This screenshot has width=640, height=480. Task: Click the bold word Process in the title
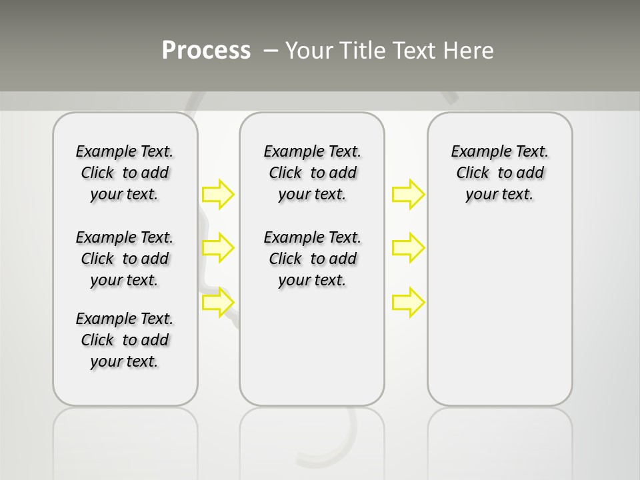coord(206,50)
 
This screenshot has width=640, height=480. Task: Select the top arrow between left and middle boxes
coord(218,194)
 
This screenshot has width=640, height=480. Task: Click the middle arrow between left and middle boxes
coord(218,248)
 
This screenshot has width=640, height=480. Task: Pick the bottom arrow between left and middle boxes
coord(218,303)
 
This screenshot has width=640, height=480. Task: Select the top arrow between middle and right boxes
coord(408,194)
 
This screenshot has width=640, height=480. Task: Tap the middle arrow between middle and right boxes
coord(408,248)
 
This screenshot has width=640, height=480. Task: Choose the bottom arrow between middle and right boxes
coord(408,303)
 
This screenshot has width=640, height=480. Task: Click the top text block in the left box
coord(125,173)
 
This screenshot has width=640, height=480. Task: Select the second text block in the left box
coord(125,259)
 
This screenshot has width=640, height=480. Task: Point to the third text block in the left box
coord(125,340)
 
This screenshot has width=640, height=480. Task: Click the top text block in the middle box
coord(312,173)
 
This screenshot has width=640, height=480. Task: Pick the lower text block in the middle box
coord(312,259)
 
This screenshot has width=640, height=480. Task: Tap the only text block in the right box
coord(499,173)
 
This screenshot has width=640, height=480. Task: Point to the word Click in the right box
coord(473,173)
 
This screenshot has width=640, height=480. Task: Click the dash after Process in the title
coord(271,50)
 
